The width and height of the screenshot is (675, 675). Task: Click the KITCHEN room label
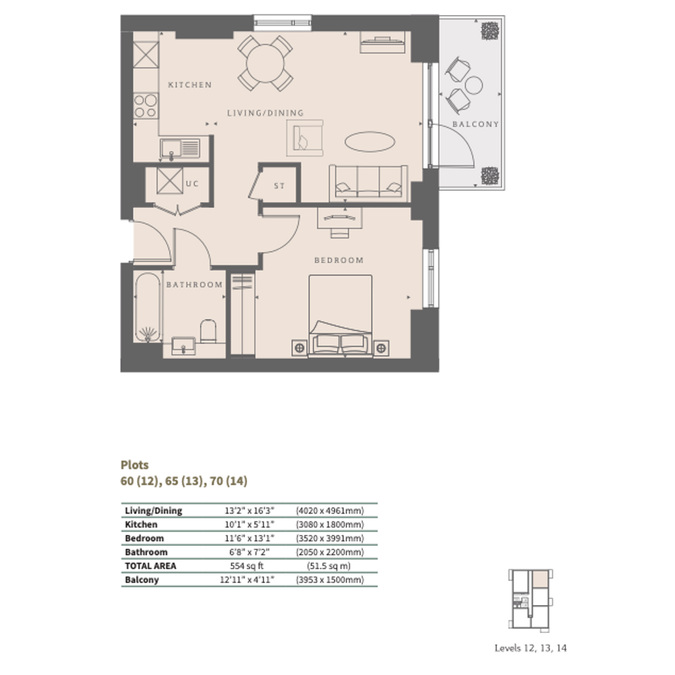190,85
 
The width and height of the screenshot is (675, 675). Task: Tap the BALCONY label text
476,124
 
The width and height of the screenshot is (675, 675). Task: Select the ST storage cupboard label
279,186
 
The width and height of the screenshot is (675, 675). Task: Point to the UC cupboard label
192,184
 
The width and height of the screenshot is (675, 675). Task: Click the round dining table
265,64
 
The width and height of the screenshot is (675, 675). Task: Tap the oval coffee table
370,141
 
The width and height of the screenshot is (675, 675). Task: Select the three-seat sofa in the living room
369,183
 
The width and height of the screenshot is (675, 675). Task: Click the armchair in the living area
305,138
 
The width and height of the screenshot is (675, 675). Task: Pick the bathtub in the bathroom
148,307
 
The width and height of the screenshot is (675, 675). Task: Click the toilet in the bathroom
209,331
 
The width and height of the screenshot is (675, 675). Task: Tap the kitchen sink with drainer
180,149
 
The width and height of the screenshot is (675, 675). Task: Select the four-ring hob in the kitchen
146,106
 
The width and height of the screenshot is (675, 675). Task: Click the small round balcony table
474,85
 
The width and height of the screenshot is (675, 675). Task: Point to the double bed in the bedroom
341,316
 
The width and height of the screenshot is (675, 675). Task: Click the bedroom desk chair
340,233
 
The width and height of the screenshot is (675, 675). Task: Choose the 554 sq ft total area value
246,566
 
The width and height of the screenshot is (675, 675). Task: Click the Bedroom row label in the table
144,538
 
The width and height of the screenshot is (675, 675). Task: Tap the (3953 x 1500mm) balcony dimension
330,579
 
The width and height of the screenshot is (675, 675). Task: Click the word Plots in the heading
135,465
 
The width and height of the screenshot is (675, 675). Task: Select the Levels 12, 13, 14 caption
530,648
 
